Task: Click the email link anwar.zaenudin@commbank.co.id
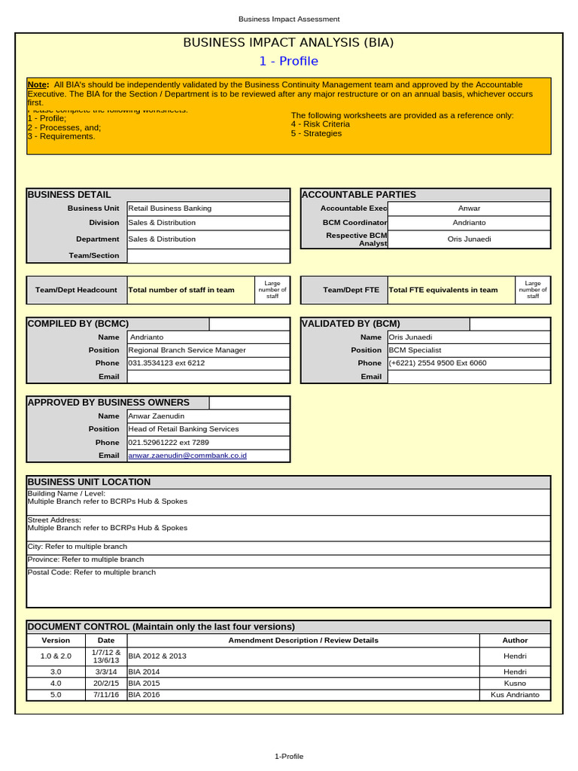coord(187,456)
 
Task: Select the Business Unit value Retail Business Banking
coord(170,208)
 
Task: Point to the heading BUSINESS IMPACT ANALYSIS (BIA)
coord(288,43)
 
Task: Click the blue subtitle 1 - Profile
coord(288,61)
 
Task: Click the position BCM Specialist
coord(415,350)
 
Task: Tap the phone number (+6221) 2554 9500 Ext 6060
coord(437,363)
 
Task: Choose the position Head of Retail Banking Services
coord(184,428)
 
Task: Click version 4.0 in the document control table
coord(56,683)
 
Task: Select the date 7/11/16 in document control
coord(106,695)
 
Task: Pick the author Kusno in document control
coord(515,683)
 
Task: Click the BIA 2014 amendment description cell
coord(144,671)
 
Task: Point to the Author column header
coord(515,640)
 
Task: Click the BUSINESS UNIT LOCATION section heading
coord(89,482)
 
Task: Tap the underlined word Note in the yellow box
coord(38,85)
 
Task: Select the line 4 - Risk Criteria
coord(320,124)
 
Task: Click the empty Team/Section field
coord(208,255)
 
